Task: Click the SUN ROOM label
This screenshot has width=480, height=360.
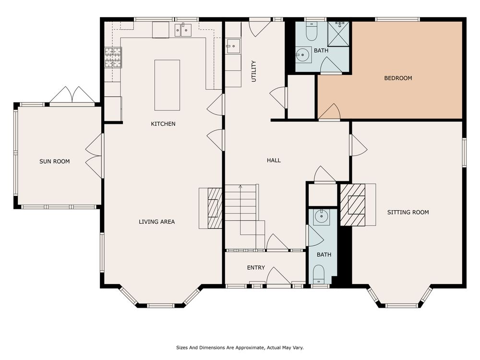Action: click(x=55, y=161)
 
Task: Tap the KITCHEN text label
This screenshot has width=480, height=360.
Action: click(x=163, y=124)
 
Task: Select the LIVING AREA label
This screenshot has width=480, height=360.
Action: click(x=157, y=222)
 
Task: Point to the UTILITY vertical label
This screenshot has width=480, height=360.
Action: click(x=253, y=72)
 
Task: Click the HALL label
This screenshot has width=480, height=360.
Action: click(x=274, y=160)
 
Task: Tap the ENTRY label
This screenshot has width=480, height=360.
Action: click(x=256, y=267)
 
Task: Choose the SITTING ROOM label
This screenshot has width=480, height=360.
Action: click(x=408, y=212)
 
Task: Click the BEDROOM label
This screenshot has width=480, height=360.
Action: click(x=398, y=78)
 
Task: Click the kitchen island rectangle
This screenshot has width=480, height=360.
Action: click(x=167, y=85)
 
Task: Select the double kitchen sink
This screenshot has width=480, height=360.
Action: click(x=183, y=30)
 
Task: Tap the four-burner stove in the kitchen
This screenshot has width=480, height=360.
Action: click(x=113, y=57)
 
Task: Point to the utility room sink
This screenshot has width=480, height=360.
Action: click(x=233, y=46)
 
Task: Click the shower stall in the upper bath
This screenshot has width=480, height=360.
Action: click(x=338, y=34)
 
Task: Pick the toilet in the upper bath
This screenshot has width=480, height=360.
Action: click(x=312, y=32)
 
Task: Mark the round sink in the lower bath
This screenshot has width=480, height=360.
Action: click(x=321, y=217)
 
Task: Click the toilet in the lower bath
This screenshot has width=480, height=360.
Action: click(x=319, y=274)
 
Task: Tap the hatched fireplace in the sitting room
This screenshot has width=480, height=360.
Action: click(x=353, y=205)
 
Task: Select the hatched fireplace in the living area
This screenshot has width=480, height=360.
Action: click(x=215, y=208)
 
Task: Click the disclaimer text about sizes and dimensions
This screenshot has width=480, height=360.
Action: click(x=240, y=348)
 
